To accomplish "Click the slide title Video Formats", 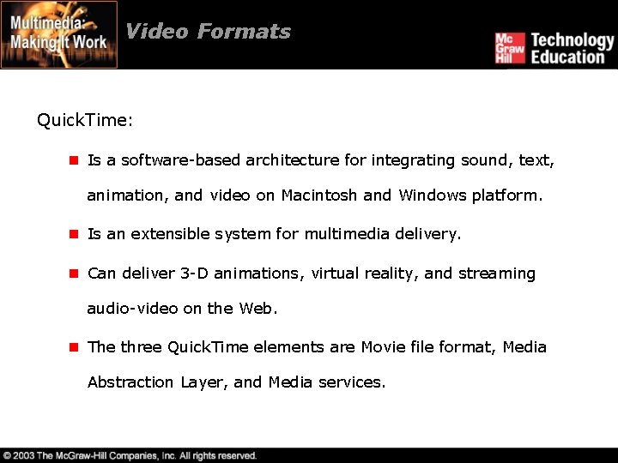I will [x=208, y=32].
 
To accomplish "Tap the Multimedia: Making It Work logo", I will [x=59, y=34].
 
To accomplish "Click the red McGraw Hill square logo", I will [x=509, y=48].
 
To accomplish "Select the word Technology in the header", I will [x=573, y=39].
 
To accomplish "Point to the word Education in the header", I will [x=567, y=57].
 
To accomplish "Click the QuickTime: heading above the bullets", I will [x=85, y=120].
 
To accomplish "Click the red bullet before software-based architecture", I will [x=75, y=160].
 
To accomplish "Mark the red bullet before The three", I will [x=75, y=347].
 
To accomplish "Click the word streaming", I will [x=497, y=274].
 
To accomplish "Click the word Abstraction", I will [x=130, y=382].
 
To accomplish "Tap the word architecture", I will [x=292, y=160].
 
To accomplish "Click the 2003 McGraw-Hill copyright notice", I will [x=130, y=455].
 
